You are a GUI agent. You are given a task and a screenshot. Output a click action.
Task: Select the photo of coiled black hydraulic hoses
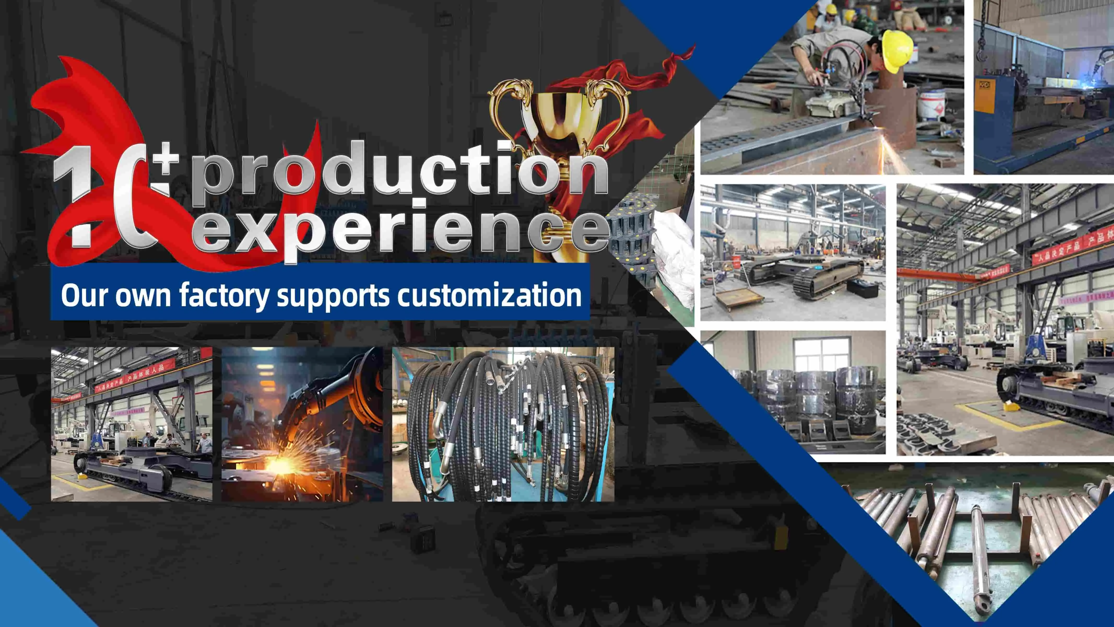503,424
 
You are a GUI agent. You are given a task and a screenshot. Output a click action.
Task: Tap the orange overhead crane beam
938,275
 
